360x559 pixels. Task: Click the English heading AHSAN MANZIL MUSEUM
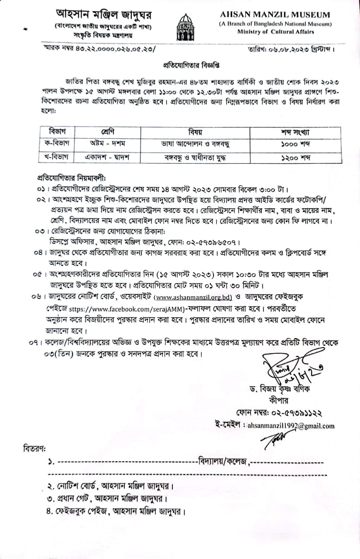[274, 15]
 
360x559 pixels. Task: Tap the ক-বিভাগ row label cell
[54, 144]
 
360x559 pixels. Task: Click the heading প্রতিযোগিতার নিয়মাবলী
[69, 179]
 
